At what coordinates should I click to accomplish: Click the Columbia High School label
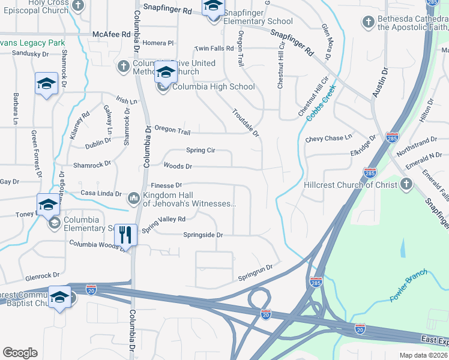click(213, 86)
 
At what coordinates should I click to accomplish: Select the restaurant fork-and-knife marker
click(125, 235)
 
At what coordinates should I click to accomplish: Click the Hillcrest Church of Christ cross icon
click(406, 184)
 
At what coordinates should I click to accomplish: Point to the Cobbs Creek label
click(321, 103)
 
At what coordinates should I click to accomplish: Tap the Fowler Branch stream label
click(408, 285)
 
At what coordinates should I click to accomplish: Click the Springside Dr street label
click(203, 235)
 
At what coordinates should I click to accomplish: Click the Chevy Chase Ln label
click(328, 138)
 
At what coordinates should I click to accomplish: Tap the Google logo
click(20, 352)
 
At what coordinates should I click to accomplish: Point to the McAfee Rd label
click(112, 35)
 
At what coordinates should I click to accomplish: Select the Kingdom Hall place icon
click(134, 197)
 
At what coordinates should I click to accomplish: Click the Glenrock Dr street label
click(42, 275)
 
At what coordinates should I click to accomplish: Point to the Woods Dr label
click(178, 166)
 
